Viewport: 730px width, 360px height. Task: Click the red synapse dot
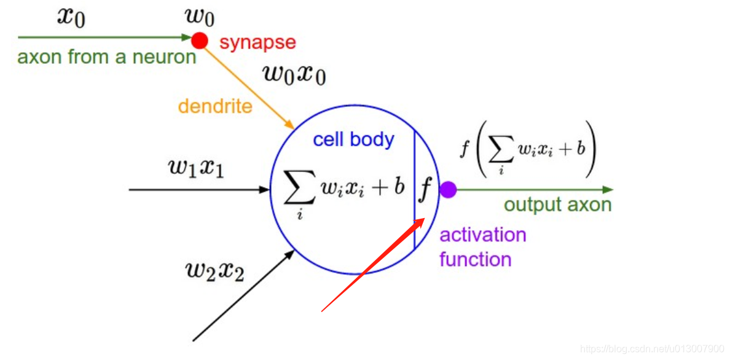[x=199, y=41]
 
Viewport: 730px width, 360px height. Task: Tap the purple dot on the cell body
[x=448, y=190]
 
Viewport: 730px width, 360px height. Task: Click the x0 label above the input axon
[x=71, y=17]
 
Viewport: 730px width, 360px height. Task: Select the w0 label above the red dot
[x=200, y=17]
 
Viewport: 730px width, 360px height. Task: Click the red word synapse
[x=257, y=42]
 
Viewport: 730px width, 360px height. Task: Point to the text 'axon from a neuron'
[x=106, y=58]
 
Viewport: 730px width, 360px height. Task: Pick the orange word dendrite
[x=215, y=106]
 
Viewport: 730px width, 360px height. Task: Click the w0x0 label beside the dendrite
[x=294, y=74]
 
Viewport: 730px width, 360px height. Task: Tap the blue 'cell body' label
[x=353, y=139]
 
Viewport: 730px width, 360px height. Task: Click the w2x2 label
[x=214, y=270]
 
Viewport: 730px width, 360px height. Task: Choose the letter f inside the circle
[x=425, y=190]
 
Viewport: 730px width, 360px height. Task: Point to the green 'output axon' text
[x=557, y=205]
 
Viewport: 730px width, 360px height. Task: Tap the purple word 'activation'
[x=483, y=235]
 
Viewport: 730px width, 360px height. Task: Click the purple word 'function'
[x=475, y=259]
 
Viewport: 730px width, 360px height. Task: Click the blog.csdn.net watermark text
[x=652, y=349]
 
